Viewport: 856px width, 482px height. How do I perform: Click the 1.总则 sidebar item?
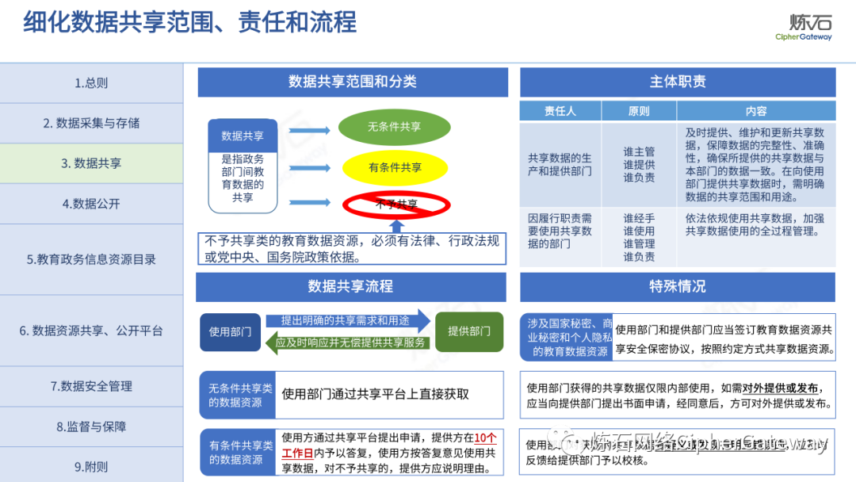tap(91, 82)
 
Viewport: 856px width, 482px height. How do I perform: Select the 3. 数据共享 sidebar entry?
tap(91, 163)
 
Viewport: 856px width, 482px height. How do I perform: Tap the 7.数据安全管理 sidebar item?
tap(91, 386)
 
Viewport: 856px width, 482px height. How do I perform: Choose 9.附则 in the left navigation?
tap(91, 466)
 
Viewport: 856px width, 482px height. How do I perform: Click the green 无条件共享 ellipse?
tap(394, 127)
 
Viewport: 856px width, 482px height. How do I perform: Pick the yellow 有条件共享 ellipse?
tap(395, 167)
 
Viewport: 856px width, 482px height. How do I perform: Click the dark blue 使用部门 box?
tap(230, 332)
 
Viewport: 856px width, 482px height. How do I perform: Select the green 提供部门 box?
tap(469, 331)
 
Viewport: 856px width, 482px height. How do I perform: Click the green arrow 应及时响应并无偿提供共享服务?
tap(350, 342)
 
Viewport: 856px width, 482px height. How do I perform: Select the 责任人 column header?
tap(560, 111)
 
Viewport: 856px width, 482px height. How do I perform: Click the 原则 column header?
tap(638, 111)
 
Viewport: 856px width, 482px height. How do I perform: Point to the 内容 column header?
tap(755, 111)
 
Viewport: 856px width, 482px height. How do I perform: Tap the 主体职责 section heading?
tap(678, 82)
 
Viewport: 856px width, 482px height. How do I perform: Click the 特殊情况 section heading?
tap(678, 286)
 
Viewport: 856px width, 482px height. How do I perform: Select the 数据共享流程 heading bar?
tap(350, 286)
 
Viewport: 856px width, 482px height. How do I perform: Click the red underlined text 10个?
tap(486, 438)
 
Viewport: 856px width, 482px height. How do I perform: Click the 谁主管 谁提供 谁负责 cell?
tap(638, 164)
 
